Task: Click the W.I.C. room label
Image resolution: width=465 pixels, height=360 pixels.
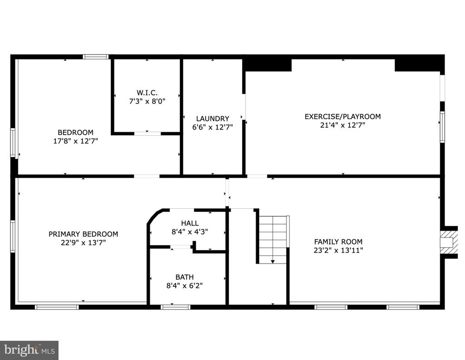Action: point(147,93)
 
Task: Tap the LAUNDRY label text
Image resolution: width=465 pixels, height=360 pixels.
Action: point(213,119)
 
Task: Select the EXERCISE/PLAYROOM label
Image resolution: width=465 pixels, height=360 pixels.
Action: point(342,116)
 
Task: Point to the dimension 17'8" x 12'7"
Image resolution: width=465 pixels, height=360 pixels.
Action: point(76,141)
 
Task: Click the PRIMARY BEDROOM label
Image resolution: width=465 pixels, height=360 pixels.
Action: point(84,234)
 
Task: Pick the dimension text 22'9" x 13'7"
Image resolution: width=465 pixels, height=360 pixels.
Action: point(84,243)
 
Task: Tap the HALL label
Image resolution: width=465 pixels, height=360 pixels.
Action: point(190,223)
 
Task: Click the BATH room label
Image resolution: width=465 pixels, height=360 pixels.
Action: point(184,277)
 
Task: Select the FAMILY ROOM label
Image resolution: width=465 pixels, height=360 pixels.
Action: point(338,241)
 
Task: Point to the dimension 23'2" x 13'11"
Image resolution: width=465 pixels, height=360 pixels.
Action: point(338,250)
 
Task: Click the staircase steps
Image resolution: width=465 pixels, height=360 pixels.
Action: point(273,240)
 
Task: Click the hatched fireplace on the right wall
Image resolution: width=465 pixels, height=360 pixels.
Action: point(449,242)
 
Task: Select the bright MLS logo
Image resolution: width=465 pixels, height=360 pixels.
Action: point(29,350)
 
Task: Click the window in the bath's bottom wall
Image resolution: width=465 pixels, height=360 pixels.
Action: point(176,307)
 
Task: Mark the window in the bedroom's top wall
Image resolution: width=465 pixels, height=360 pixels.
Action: point(95,57)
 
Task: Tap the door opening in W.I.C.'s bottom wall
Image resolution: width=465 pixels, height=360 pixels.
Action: point(148,134)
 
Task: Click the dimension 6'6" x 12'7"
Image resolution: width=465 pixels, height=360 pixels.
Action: point(213,127)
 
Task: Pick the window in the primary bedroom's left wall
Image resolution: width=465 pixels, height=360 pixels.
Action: point(13,236)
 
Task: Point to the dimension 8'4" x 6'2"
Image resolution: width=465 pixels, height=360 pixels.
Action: point(184,286)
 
